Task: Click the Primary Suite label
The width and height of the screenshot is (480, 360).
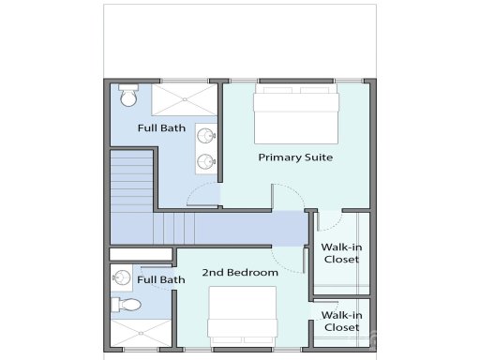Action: click(x=295, y=157)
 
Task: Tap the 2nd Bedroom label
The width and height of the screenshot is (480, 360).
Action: click(x=240, y=273)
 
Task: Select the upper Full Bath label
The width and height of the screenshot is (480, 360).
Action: click(x=161, y=127)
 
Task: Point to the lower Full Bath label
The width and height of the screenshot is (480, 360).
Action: click(x=161, y=279)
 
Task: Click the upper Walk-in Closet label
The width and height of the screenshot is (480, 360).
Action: click(x=341, y=253)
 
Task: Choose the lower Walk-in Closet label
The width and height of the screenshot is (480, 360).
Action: click(x=341, y=322)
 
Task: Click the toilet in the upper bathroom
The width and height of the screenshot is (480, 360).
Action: click(x=128, y=97)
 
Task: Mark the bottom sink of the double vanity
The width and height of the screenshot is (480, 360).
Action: click(x=206, y=161)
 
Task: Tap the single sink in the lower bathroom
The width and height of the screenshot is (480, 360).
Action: click(x=121, y=277)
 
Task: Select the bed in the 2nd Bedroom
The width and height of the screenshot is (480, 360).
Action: click(x=242, y=314)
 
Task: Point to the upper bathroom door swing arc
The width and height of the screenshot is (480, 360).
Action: click(x=201, y=195)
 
